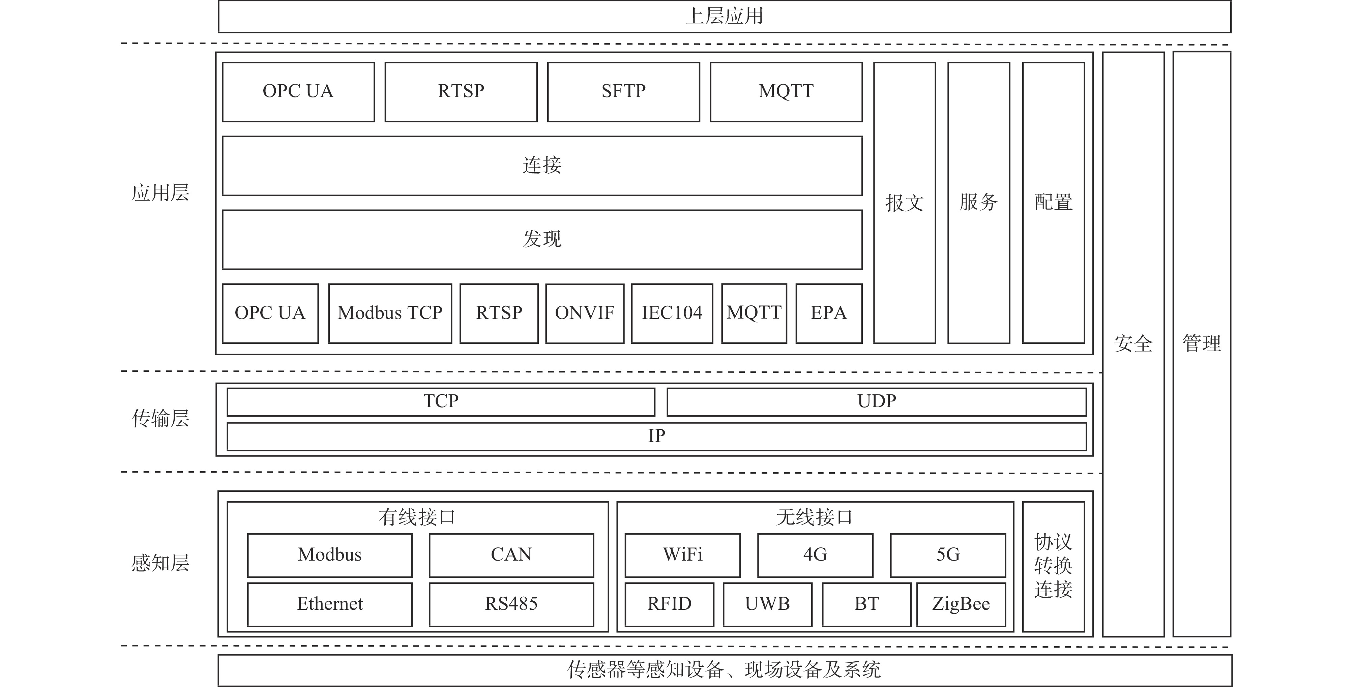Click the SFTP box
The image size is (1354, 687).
click(623, 92)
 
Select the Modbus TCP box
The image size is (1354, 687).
click(390, 313)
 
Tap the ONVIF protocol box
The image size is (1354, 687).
click(585, 313)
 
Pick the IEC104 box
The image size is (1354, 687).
click(672, 313)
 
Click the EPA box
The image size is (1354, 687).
click(829, 313)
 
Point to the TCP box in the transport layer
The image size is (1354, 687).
click(441, 401)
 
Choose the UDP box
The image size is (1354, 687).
click(877, 401)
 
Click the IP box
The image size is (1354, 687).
click(656, 436)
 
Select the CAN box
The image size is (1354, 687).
click(511, 555)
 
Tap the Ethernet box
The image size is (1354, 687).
click(329, 604)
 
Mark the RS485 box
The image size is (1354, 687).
click(511, 604)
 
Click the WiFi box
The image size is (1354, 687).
click(683, 555)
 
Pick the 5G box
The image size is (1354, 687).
click(948, 555)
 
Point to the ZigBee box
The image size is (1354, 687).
click(961, 604)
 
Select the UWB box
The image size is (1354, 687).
click(767, 604)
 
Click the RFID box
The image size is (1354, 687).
click(669, 604)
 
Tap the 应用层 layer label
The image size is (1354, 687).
click(160, 193)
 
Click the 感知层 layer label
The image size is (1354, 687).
click(160, 563)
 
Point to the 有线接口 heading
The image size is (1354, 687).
click(417, 517)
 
